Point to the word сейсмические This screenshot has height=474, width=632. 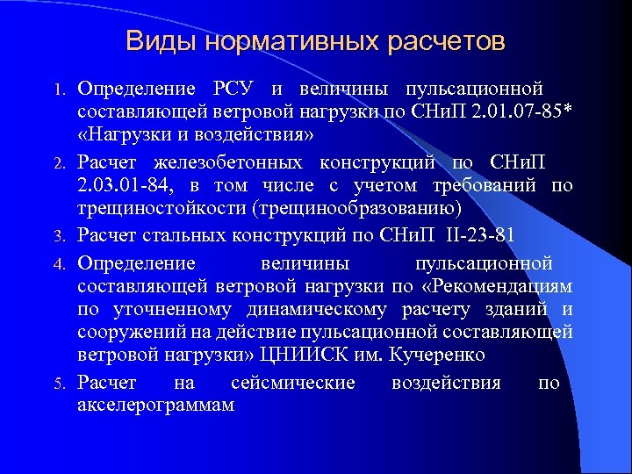[293, 384]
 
